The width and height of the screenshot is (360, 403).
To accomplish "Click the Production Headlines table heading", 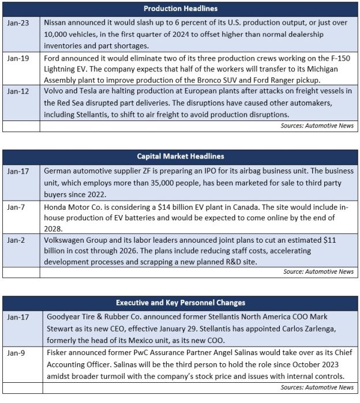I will click(180, 9).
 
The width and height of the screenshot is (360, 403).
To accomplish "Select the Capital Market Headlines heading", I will click(180, 156).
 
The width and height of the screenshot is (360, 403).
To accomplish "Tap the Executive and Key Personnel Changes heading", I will click(180, 303).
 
